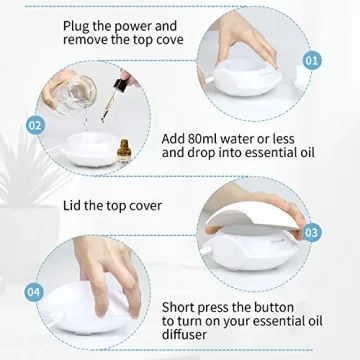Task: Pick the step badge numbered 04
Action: point(34,292)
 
